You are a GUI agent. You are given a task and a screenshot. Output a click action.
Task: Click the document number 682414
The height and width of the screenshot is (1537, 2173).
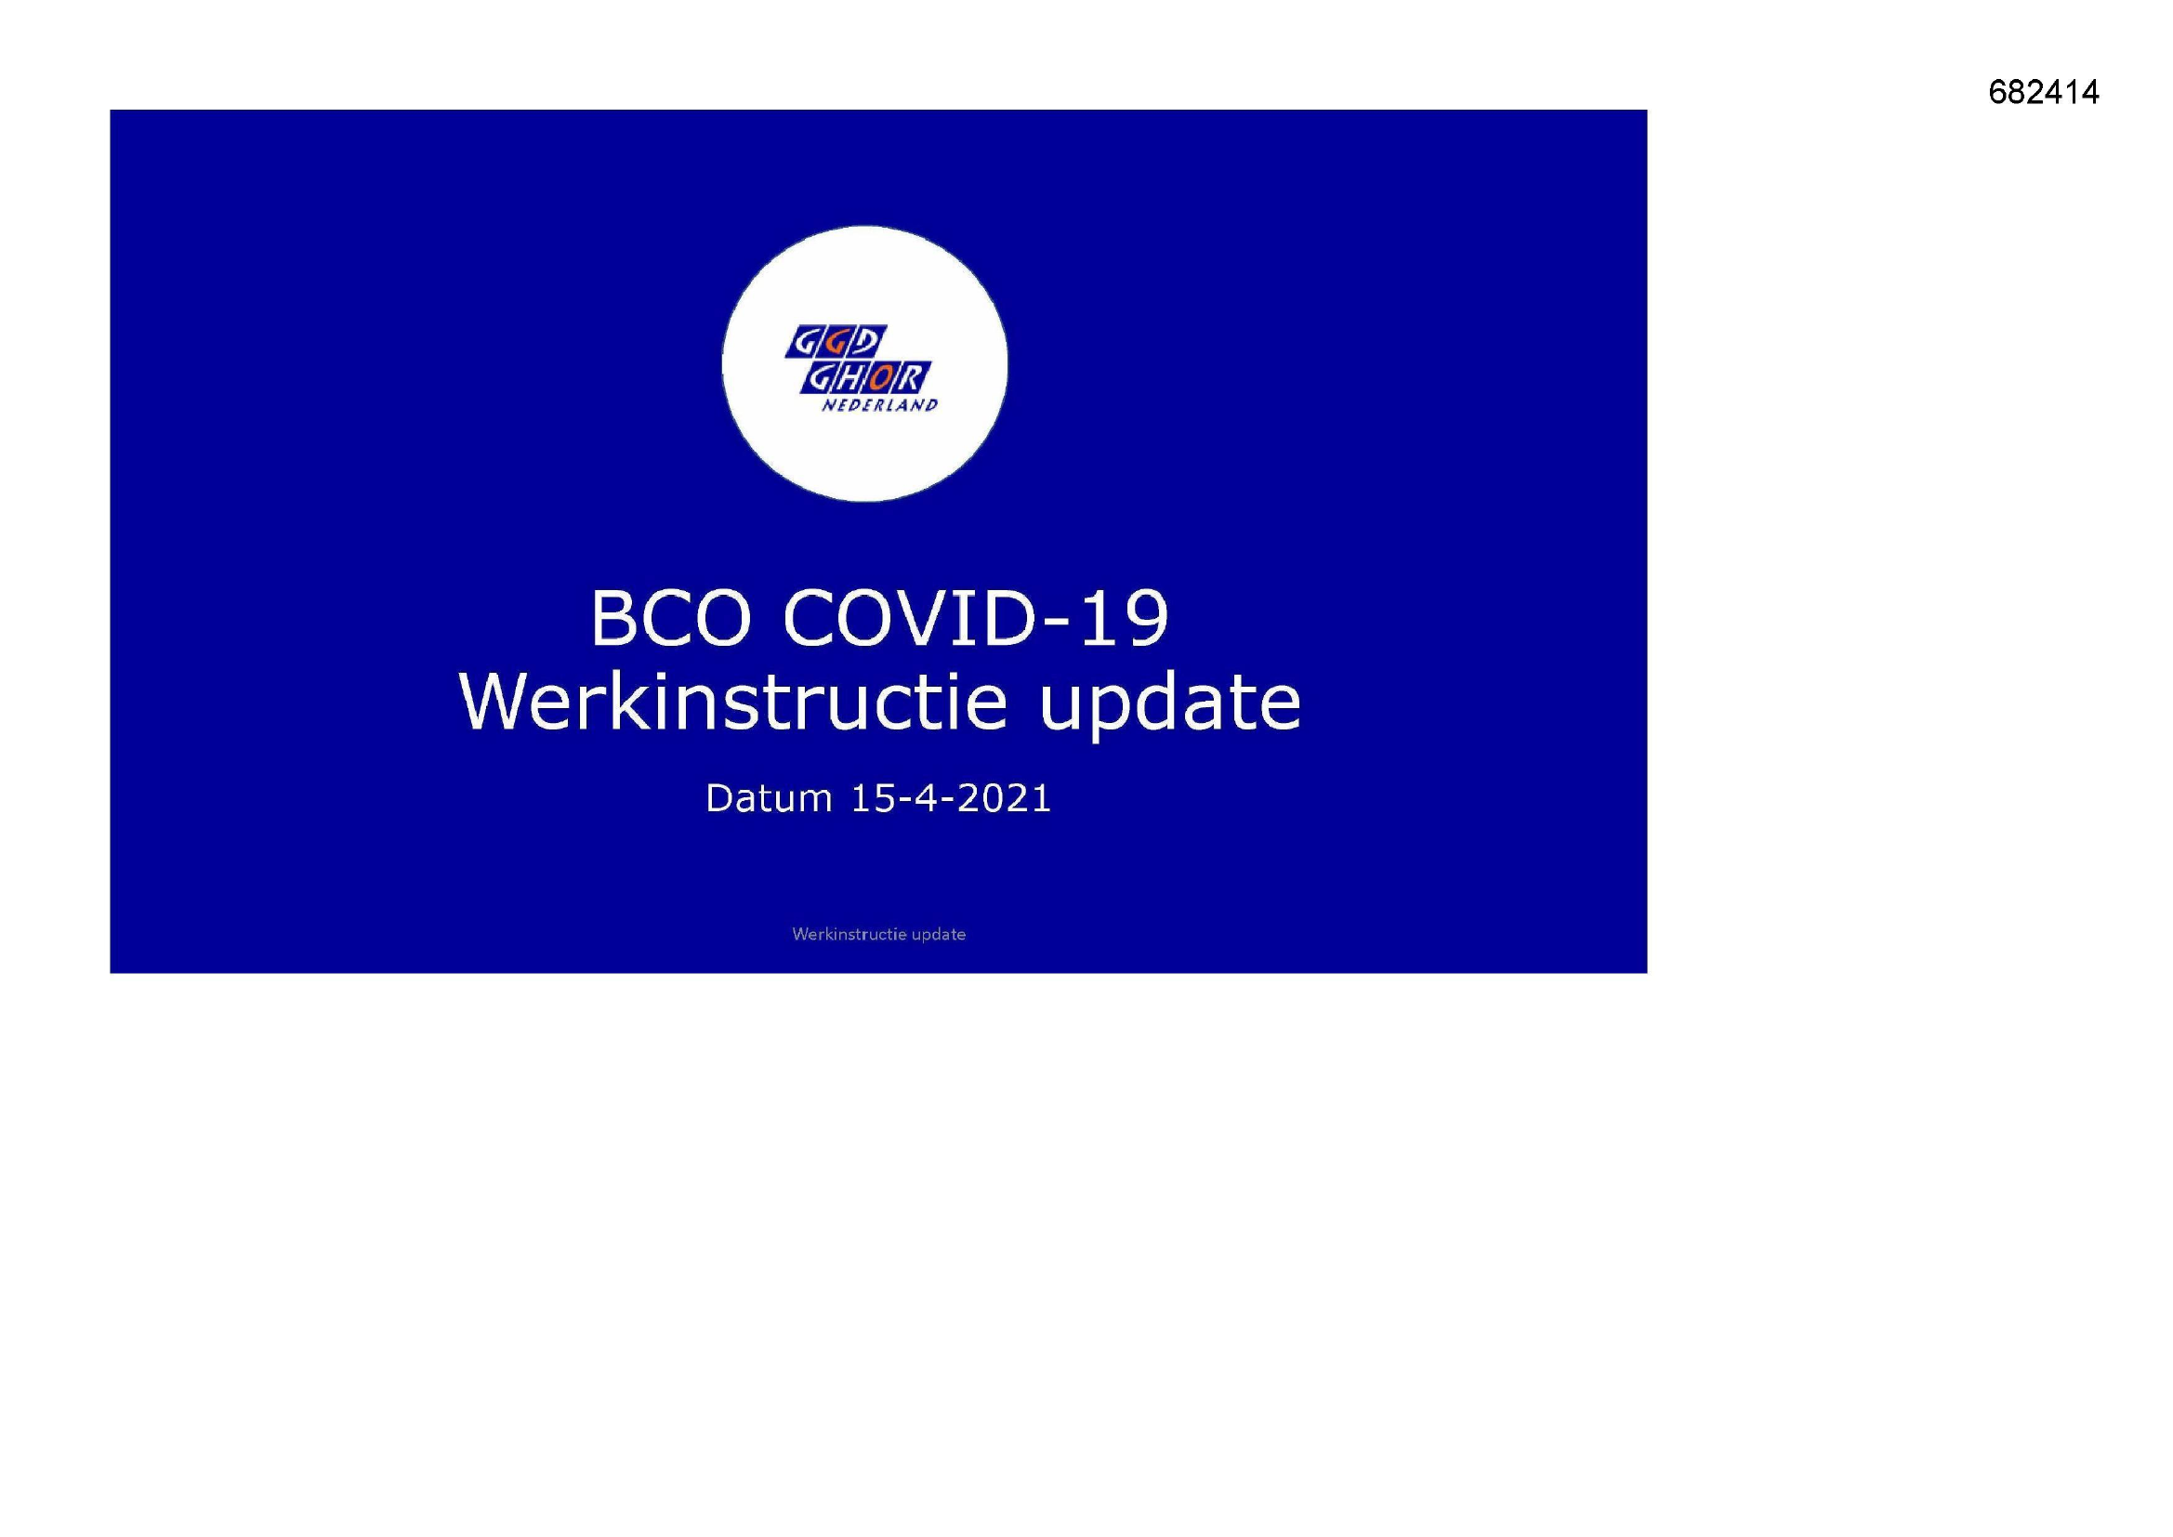click(x=2043, y=92)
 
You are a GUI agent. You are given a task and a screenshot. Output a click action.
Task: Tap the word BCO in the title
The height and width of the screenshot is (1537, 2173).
click(x=671, y=618)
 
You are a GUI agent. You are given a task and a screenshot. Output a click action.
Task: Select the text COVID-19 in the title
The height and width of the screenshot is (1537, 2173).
click(x=976, y=618)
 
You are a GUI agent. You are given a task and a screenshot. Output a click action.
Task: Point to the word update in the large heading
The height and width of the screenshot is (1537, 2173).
click(x=1170, y=705)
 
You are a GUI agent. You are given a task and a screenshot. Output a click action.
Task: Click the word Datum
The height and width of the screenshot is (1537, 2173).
click(x=769, y=799)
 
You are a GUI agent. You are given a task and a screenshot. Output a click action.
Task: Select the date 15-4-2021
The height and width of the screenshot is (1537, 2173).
click(x=951, y=799)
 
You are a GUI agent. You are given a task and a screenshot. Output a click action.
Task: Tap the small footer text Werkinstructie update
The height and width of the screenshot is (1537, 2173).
click(x=878, y=934)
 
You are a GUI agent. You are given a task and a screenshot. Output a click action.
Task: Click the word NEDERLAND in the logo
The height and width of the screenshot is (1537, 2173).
click(x=879, y=405)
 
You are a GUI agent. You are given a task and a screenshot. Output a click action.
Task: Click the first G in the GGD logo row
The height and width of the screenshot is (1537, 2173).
click(x=805, y=342)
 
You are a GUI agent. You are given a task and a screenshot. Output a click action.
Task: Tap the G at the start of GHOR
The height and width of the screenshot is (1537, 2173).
click(x=819, y=378)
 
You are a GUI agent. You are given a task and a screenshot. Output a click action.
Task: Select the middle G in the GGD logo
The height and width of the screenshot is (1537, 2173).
click(x=837, y=342)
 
